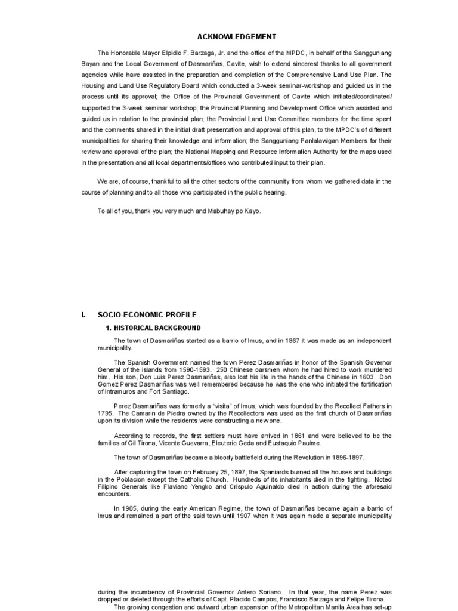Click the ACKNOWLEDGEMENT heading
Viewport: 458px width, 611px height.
click(229, 36)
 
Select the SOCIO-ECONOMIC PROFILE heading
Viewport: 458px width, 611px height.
click(147, 314)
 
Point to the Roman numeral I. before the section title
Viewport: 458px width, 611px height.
click(84, 314)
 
